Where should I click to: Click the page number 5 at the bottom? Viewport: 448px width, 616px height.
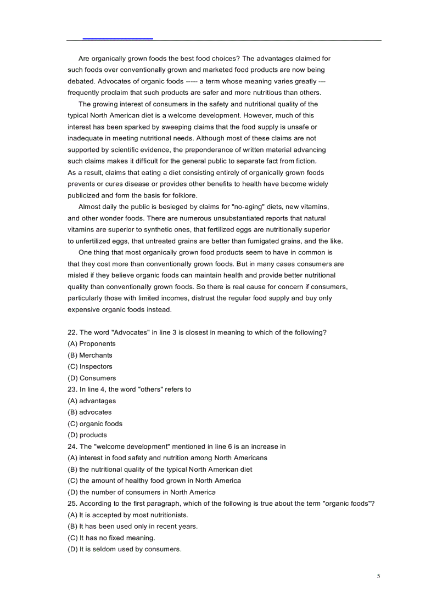point(378,576)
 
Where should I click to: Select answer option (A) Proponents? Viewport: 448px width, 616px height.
point(92,344)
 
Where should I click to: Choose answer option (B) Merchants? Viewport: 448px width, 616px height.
point(90,355)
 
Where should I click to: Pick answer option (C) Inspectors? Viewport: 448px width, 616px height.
point(90,367)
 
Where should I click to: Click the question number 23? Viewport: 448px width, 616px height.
point(72,389)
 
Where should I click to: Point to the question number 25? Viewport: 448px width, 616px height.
point(72,504)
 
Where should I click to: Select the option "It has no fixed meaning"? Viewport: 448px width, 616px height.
point(117,538)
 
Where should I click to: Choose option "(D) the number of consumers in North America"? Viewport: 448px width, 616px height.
point(142,493)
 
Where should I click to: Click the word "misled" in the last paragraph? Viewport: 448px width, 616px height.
point(77,275)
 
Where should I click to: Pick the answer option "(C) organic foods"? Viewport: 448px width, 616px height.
point(95,424)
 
